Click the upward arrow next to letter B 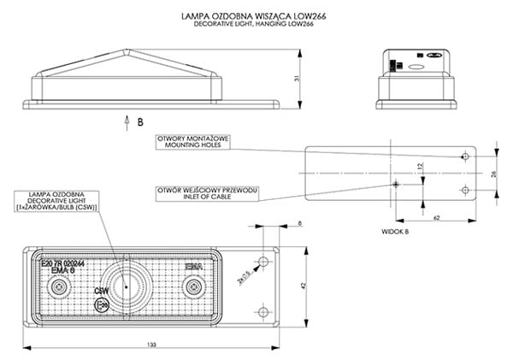coord(127,120)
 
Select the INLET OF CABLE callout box coord(205,193)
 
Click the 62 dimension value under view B coord(434,219)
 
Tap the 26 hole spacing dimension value coord(493,174)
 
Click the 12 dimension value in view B coord(420,166)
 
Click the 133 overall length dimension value coord(150,344)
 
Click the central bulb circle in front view coord(125,285)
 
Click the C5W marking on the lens coord(100,290)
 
